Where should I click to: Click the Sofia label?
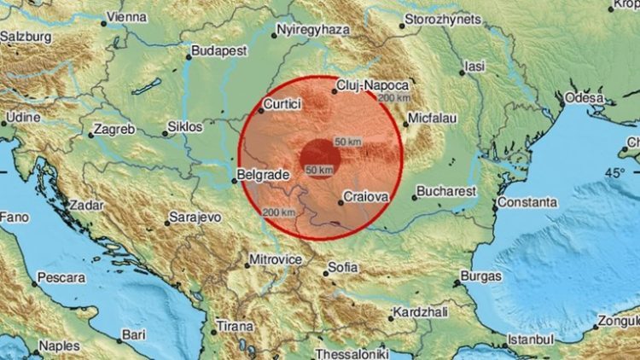(343, 267)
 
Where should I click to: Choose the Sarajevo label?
(195, 218)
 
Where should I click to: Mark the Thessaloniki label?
(352, 353)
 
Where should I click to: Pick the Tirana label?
(234, 327)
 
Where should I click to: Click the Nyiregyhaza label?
(314, 30)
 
